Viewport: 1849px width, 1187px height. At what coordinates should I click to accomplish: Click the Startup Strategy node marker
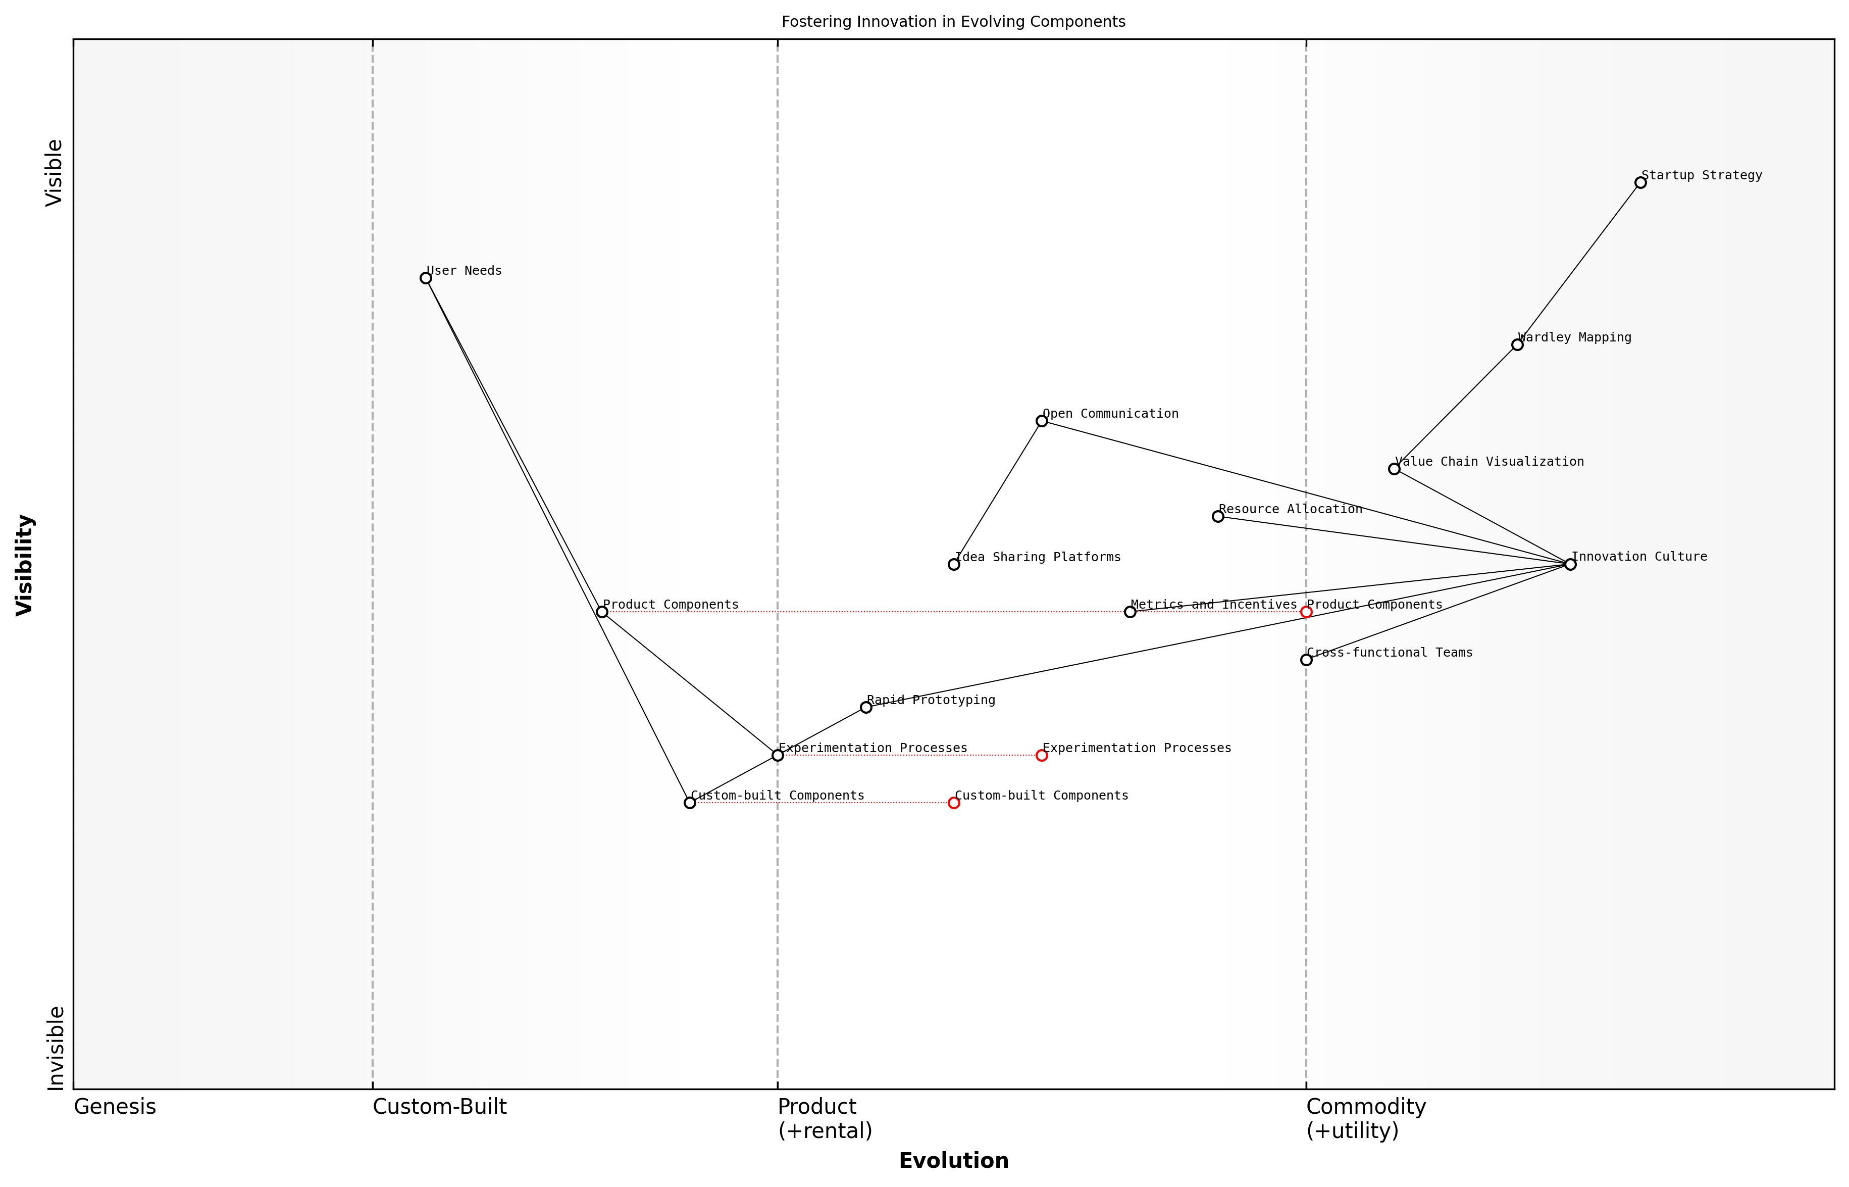[x=1640, y=183]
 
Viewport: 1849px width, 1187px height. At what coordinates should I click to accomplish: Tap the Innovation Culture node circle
[x=1570, y=564]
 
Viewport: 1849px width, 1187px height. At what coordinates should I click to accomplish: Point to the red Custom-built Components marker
[x=954, y=803]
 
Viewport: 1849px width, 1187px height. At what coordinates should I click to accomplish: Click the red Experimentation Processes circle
[x=1042, y=755]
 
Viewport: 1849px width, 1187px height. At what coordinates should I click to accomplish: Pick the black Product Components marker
[x=602, y=612]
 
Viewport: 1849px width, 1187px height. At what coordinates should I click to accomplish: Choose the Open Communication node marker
[x=1042, y=421]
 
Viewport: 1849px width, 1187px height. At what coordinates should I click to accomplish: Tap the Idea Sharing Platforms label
[x=1037, y=557]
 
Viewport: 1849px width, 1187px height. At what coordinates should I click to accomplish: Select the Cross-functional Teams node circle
[x=1306, y=660]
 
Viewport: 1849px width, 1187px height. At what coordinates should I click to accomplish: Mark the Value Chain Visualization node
[x=1394, y=469]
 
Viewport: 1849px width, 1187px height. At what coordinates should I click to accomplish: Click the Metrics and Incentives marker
[x=1129, y=612]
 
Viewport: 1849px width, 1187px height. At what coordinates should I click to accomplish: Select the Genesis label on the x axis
[x=115, y=1107]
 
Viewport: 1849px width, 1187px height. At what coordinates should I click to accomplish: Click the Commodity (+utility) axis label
[x=1365, y=1118]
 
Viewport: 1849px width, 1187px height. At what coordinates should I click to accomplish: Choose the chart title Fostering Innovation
[x=953, y=22]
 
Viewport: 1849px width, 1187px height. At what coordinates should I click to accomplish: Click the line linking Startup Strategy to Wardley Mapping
[x=1578, y=264]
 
